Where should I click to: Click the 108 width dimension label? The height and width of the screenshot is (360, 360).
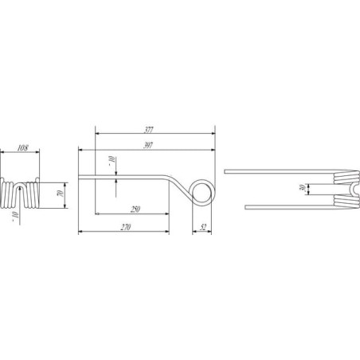click(x=22, y=148)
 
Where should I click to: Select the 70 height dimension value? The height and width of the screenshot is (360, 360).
click(x=61, y=193)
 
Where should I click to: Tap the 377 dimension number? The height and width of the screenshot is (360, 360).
click(x=149, y=130)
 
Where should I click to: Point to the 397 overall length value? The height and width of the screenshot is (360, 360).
click(x=148, y=146)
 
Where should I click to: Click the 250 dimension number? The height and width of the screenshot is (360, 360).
click(x=135, y=209)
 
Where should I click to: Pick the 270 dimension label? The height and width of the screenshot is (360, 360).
click(x=126, y=227)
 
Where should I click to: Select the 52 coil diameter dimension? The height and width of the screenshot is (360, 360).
click(x=203, y=227)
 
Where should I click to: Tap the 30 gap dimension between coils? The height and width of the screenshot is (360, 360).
click(x=302, y=188)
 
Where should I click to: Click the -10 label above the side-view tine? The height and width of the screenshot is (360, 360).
click(x=112, y=161)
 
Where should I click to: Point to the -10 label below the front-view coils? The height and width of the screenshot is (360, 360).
click(x=16, y=217)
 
